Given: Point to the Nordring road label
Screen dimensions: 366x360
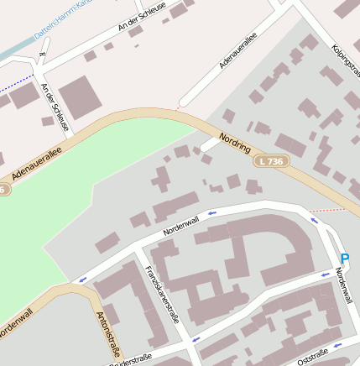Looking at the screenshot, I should click(235, 142).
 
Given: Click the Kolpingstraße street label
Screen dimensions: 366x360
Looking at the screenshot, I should click(346, 63).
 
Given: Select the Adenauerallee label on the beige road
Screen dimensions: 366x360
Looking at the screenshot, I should click(37, 164).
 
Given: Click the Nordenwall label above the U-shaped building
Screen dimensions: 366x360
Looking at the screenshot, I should click(181, 224).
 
